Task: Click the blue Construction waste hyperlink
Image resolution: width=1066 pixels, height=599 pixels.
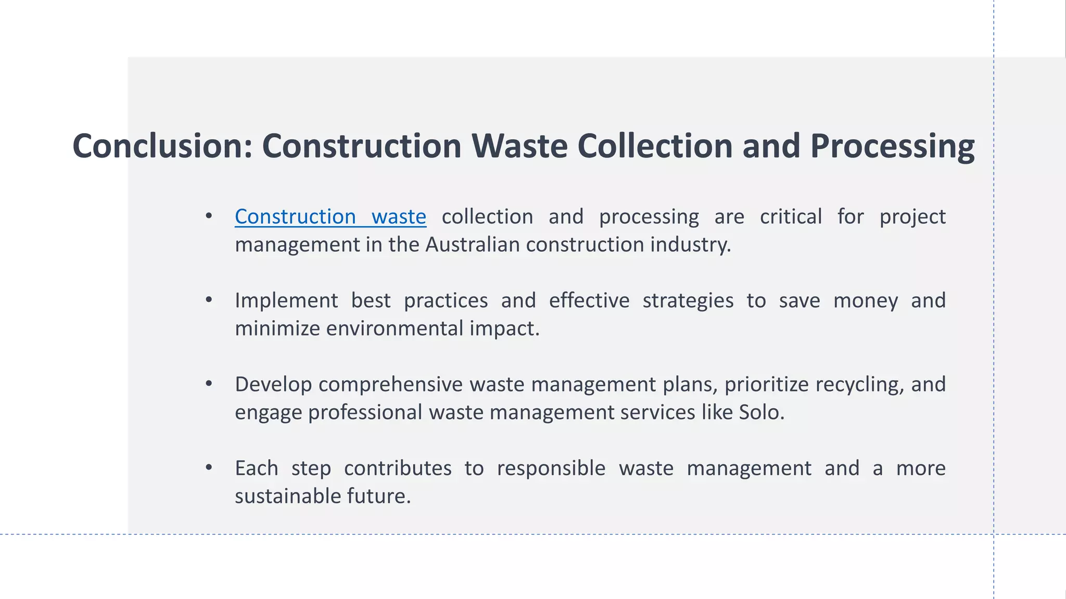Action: pyautogui.click(x=330, y=217)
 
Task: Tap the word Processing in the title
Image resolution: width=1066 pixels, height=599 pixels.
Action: pyautogui.click(x=892, y=147)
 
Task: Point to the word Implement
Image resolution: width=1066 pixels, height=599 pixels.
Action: pyautogui.click(x=286, y=301)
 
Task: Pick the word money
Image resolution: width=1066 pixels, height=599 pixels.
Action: pyautogui.click(x=865, y=301)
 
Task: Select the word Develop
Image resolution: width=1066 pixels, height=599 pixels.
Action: pyautogui.click(x=273, y=385)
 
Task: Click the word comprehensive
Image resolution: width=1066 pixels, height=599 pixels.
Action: pyautogui.click(x=390, y=385)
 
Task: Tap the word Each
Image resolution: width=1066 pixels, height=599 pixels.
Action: pyautogui.click(x=256, y=468)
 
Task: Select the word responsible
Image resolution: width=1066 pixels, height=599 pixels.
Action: pyautogui.click(x=551, y=468)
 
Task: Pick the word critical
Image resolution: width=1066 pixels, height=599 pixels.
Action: pyautogui.click(x=791, y=217)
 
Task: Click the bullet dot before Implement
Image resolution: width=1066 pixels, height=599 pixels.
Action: pyautogui.click(x=209, y=300)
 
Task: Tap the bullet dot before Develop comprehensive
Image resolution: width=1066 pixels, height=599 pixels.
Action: pyautogui.click(x=209, y=384)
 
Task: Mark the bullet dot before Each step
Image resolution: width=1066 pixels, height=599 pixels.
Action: pyautogui.click(x=209, y=467)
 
